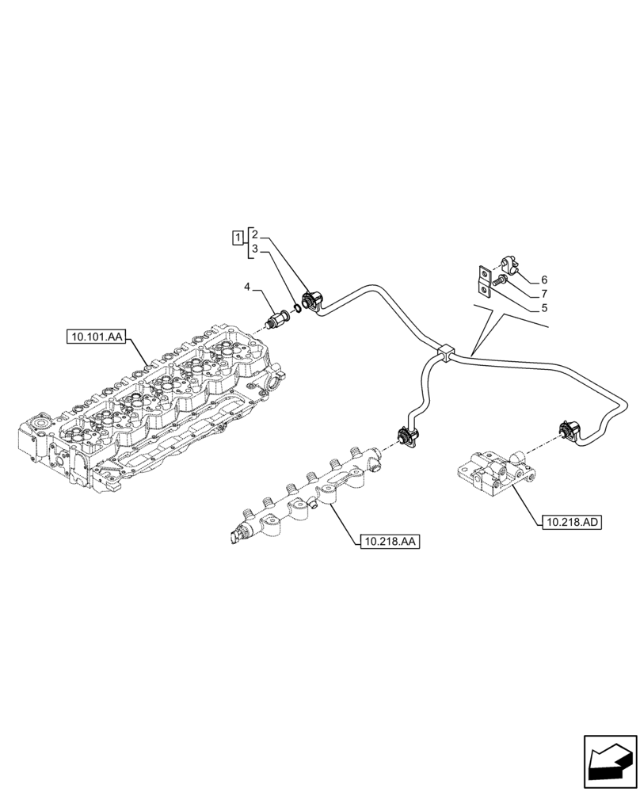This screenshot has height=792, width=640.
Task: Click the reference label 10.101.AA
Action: pyautogui.click(x=96, y=337)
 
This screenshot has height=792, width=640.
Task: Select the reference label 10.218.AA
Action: pyautogui.click(x=390, y=542)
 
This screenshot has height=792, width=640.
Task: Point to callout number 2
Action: pyautogui.click(x=254, y=233)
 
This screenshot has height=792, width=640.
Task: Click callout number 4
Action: pyautogui.click(x=247, y=285)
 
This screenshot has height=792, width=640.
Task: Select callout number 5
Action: pyautogui.click(x=543, y=308)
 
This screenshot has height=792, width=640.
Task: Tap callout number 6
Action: pyautogui.click(x=543, y=280)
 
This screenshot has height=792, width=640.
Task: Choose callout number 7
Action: pyautogui.click(x=543, y=294)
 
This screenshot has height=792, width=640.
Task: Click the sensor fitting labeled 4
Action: pyautogui.click(x=279, y=317)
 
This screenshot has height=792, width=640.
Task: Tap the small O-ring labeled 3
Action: pyautogui.click(x=296, y=307)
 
